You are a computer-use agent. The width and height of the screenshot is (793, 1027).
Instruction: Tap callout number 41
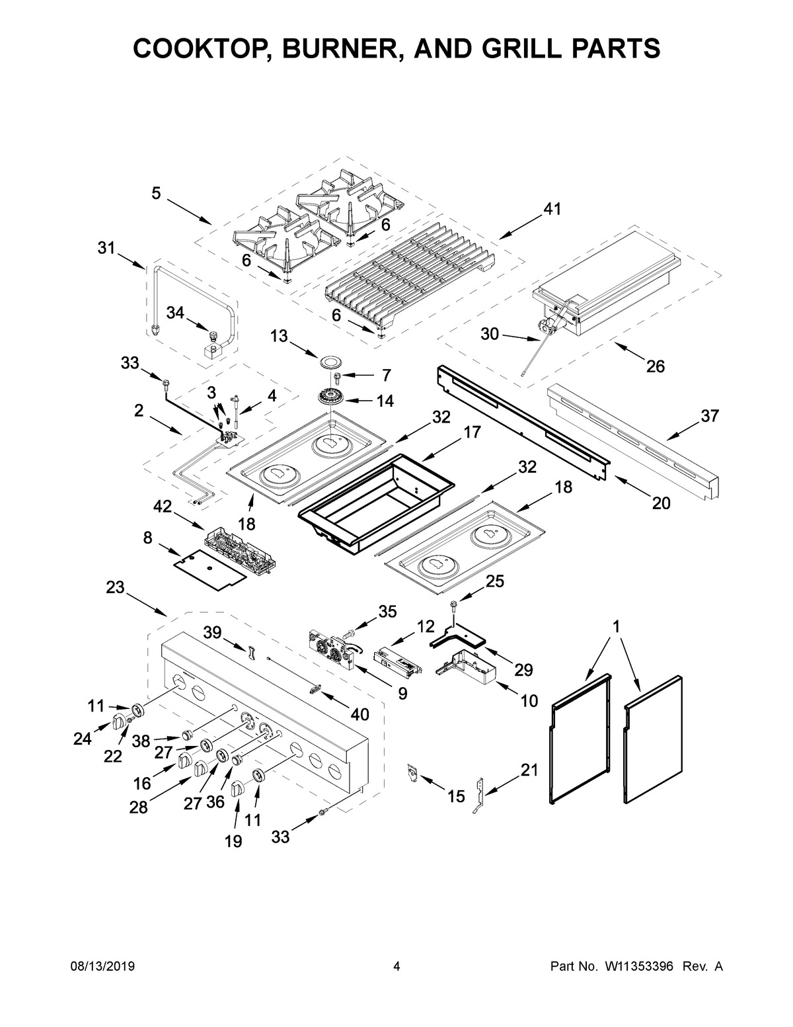pyautogui.click(x=552, y=210)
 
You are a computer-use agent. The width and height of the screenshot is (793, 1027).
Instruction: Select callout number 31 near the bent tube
pyautogui.click(x=106, y=248)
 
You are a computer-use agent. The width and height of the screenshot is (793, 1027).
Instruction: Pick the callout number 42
pyautogui.click(x=163, y=507)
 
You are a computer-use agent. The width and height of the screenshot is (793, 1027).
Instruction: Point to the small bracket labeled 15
pyautogui.click(x=414, y=772)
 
